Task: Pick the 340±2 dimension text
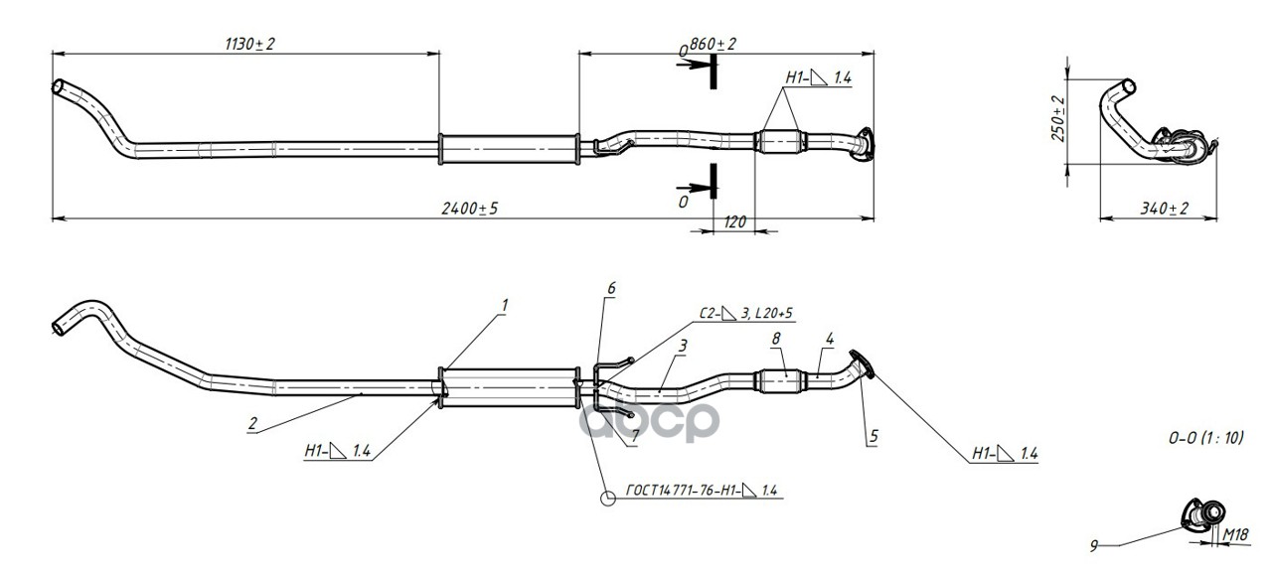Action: tap(1164, 209)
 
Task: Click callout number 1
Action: tap(504, 306)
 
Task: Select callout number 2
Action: tap(252, 423)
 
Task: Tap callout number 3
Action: tap(684, 345)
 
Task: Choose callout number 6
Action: tap(611, 288)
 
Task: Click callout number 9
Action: tap(1094, 545)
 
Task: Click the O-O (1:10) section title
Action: tap(1205, 437)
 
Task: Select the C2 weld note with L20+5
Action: tap(746, 314)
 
